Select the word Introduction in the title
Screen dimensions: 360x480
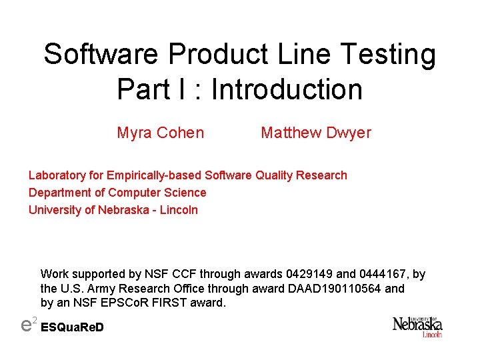click(x=287, y=89)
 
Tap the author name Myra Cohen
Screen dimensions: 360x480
click(x=160, y=133)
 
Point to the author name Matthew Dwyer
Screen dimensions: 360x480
click(x=315, y=133)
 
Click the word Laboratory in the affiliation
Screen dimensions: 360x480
click(x=57, y=175)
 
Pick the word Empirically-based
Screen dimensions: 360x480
click(x=155, y=175)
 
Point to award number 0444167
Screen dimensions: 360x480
click(x=380, y=274)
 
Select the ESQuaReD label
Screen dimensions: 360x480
click(x=73, y=328)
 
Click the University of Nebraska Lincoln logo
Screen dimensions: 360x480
click(x=417, y=327)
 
